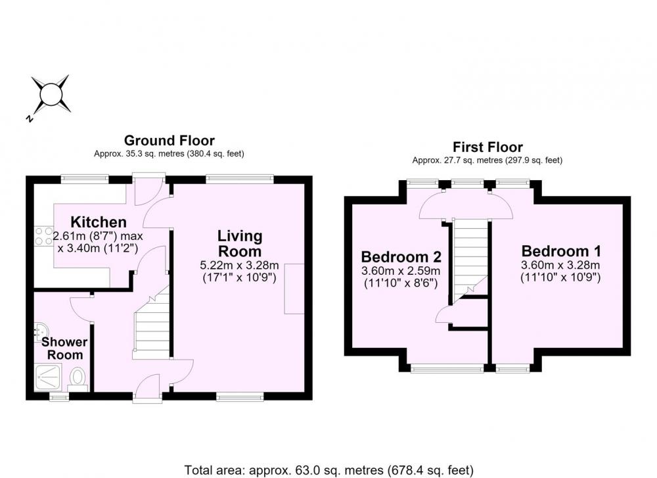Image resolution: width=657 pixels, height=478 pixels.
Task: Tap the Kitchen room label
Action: coord(99,222)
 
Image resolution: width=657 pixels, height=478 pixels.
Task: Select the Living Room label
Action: coord(240,244)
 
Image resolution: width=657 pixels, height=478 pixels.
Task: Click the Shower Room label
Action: coord(64,348)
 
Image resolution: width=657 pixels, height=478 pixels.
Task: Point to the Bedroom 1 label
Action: coord(561,251)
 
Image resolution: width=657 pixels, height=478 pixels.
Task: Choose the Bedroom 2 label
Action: coord(401,256)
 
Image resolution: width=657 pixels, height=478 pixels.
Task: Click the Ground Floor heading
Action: coord(170,141)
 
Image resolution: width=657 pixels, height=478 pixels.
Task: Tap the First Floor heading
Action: coord(487,147)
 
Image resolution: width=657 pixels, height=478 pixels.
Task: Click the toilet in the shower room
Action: coord(78,377)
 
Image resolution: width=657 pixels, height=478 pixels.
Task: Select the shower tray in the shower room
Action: coord(48,377)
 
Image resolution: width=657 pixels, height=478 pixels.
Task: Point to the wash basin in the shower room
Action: coord(39,331)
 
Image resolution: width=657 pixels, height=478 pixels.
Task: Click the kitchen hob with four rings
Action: coord(43,235)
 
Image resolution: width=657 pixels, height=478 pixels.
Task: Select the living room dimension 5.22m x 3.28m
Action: coord(239,265)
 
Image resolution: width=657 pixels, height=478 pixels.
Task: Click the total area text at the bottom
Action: coord(329,469)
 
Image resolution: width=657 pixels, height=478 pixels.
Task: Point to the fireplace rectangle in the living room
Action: coord(294,289)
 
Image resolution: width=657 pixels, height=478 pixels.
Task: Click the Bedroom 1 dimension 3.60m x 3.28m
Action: coord(560,265)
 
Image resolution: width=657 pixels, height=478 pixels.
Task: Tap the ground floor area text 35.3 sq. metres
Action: coord(169,154)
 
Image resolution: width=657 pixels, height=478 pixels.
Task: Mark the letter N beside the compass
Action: coord(29,118)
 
